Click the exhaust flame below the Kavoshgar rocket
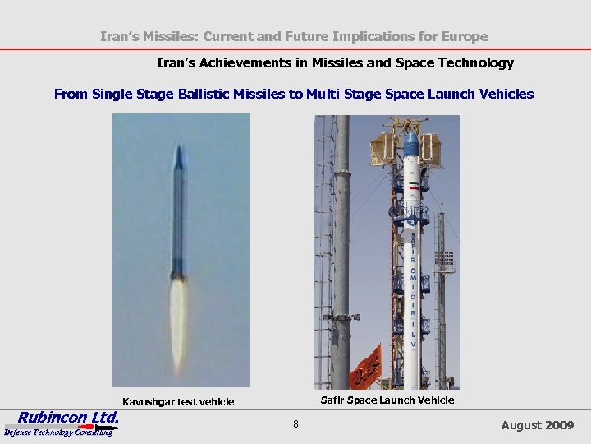point(178,321)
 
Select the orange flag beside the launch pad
point(366,368)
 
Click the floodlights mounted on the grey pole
point(341,317)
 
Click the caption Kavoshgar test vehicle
point(178,402)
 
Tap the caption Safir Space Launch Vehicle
point(387,400)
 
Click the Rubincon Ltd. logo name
point(68,417)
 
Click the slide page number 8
point(295,424)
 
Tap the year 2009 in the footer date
point(559,425)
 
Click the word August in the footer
point(521,425)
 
